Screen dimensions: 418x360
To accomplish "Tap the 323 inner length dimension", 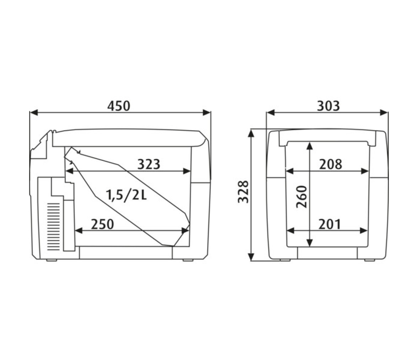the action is click(x=149, y=164).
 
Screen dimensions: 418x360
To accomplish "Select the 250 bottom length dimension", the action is click(x=102, y=224).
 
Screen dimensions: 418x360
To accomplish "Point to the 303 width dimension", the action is click(x=328, y=106).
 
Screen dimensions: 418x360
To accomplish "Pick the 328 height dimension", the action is click(x=243, y=192).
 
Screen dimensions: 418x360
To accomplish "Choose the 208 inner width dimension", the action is click(x=331, y=164).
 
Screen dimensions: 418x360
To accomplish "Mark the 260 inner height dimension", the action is click(x=302, y=197).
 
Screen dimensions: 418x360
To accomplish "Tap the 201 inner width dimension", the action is click(x=330, y=224).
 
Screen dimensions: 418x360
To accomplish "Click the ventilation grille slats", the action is click(x=54, y=227).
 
